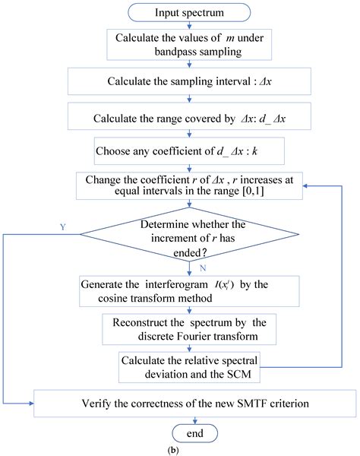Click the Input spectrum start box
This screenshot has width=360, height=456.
point(189,12)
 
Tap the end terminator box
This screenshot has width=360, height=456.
point(195,433)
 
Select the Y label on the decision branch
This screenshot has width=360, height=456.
point(63,226)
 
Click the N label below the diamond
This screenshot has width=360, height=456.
point(203,268)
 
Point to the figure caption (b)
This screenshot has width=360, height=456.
point(173,450)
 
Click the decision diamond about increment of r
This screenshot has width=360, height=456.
point(189,234)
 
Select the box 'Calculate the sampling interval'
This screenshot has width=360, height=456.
point(189,81)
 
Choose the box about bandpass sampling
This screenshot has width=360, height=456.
point(189,45)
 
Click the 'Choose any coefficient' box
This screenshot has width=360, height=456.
point(189,151)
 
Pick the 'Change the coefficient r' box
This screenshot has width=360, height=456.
point(189,186)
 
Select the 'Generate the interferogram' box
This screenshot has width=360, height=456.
point(189,291)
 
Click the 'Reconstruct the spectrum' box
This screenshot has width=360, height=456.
point(189,329)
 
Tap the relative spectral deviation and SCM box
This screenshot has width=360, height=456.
point(189,367)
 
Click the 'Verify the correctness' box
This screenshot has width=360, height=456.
point(195,404)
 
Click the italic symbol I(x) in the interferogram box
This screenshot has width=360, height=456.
point(224,285)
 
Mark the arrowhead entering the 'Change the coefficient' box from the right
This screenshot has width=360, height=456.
point(305,186)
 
